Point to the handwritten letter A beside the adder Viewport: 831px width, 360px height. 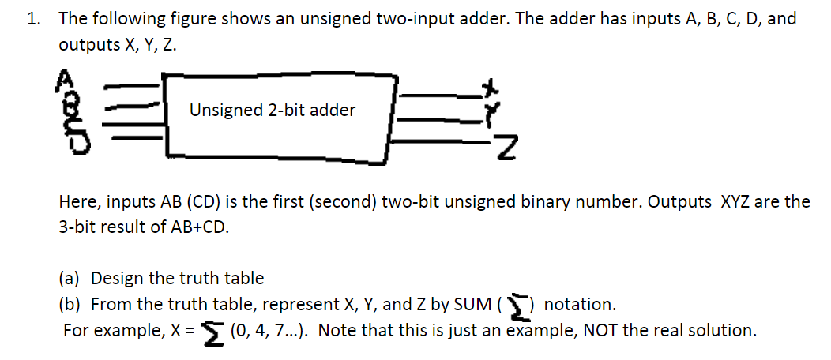[64, 76]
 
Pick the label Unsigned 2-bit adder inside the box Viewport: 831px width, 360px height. [273, 111]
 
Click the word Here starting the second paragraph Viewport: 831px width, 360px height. [77, 201]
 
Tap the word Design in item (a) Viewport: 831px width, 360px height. [117, 278]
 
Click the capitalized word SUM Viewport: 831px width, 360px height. [471, 304]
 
